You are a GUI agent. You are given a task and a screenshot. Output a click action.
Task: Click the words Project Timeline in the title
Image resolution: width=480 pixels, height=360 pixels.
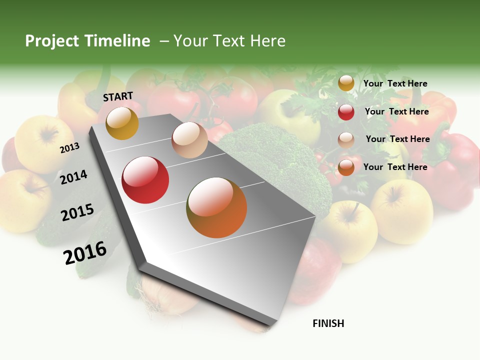pos(87,41)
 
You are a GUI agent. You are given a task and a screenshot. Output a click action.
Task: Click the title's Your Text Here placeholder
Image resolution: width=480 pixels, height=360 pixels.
pos(229,41)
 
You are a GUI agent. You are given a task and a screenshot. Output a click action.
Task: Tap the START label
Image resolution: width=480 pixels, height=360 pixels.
pos(118,96)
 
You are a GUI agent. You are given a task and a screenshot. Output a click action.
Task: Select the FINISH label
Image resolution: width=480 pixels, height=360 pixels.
pos(328,323)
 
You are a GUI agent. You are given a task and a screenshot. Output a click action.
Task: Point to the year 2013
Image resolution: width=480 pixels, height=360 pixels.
pos(69,148)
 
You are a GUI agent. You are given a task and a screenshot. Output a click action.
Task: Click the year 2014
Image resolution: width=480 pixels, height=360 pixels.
pos(73,177)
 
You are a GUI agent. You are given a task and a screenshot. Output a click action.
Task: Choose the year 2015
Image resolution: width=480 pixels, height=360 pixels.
pos(77,212)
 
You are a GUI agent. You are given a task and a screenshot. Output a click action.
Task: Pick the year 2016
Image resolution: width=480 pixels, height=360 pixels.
pos(85,252)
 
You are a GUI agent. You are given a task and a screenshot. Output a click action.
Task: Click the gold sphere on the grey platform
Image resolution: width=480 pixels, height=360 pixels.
pos(122,123)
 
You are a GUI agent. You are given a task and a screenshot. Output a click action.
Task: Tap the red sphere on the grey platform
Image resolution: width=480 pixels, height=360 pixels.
pos(145,180)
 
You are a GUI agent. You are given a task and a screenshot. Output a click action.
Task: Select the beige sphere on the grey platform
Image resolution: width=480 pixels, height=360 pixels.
pos(189,140)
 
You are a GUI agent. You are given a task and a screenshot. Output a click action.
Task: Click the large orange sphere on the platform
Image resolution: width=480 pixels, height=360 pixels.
pos(216,207)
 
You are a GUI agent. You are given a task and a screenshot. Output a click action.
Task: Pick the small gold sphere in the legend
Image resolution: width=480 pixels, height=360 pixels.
pos(346,83)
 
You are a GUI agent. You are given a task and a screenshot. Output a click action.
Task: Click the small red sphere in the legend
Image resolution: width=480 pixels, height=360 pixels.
pos(346,112)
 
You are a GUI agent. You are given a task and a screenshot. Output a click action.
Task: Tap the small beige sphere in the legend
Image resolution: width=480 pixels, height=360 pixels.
pos(346,140)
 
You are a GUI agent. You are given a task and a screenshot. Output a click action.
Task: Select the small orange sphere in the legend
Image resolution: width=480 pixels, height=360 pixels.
pos(346,167)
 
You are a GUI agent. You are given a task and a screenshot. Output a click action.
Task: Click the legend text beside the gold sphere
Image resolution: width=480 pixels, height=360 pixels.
pos(395,83)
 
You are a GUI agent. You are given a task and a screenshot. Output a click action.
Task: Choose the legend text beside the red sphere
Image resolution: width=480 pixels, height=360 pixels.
pos(396,111)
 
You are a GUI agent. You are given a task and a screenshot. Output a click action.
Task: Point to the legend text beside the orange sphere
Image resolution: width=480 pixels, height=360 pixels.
pos(395,167)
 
